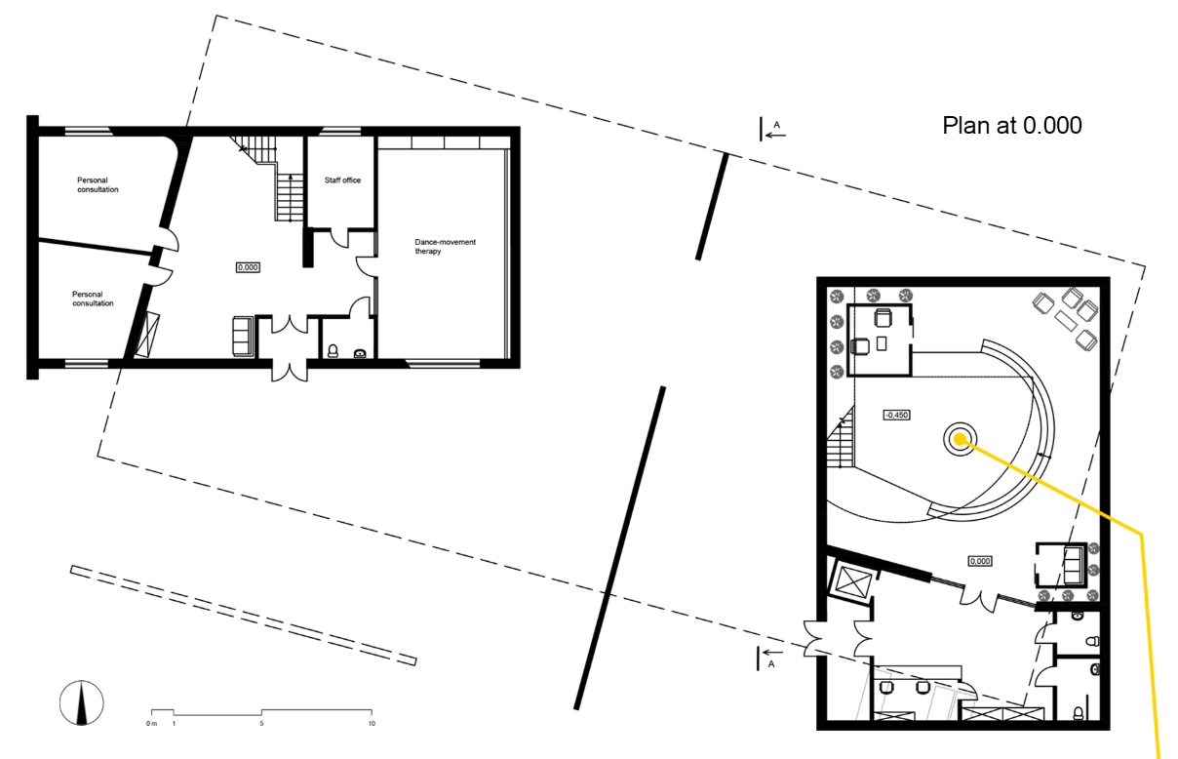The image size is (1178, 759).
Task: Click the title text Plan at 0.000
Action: (x=1012, y=126)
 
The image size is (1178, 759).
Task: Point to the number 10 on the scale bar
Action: (x=372, y=723)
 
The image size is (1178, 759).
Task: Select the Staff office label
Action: (x=342, y=180)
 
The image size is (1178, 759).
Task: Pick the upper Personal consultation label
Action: (x=98, y=184)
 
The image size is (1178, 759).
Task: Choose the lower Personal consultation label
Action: (x=93, y=298)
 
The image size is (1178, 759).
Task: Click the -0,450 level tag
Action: (x=896, y=415)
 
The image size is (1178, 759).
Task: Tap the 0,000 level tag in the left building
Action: (x=248, y=266)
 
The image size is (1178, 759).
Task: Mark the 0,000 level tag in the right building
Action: (x=979, y=561)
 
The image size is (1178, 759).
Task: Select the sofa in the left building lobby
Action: (x=243, y=337)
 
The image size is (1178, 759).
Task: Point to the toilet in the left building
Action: (x=334, y=351)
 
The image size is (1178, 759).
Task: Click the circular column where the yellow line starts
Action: (x=958, y=439)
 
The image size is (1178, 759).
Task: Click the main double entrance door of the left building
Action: (x=287, y=369)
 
